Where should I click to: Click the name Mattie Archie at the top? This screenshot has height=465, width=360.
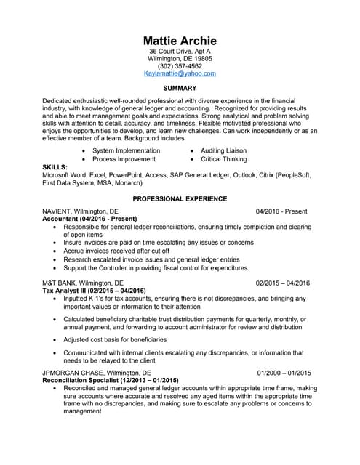click(180, 39)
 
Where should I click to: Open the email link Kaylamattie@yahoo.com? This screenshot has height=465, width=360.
click(180, 73)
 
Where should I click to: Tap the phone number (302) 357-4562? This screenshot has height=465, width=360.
click(180, 66)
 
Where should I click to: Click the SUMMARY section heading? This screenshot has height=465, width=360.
click(180, 88)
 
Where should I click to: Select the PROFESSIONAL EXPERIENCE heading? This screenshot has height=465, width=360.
click(180, 198)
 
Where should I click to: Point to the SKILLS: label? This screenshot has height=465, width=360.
click(55, 166)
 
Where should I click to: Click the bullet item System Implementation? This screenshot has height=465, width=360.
click(127, 150)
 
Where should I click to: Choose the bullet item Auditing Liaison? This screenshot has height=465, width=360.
click(223, 150)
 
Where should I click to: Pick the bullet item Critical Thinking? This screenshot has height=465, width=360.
click(223, 158)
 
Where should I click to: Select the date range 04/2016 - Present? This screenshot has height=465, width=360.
click(283, 211)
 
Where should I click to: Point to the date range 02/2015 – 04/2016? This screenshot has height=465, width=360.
click(283, 283)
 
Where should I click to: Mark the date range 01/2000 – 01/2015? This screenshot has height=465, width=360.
click(283, 373)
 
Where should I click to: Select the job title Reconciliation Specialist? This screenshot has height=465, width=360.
click(85, 380)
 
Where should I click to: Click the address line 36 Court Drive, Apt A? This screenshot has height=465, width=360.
click(180, 52)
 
